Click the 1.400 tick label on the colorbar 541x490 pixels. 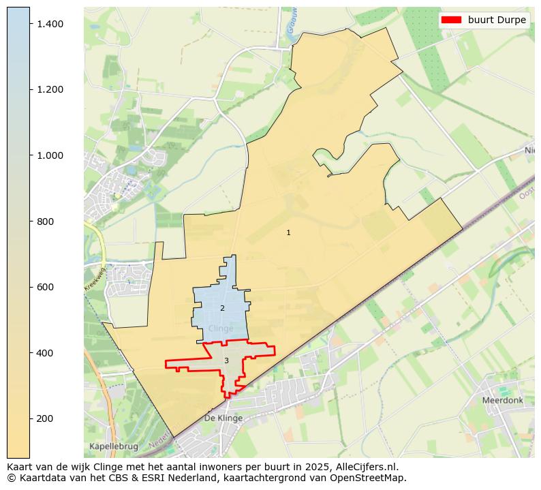point(50,24)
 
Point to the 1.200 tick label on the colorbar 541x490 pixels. point(50,89)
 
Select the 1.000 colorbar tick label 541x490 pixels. point(50,155)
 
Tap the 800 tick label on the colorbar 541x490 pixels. point(46,221)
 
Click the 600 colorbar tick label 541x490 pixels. point(46,287)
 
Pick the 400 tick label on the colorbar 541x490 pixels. point(46,353)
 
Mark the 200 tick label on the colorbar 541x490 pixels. point(46,418)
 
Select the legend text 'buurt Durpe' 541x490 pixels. point(497,20)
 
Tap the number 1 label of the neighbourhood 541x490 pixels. point(288,233)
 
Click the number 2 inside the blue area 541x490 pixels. point(222,309)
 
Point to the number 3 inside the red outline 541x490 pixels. point(226,361)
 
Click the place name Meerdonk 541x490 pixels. point(502,401)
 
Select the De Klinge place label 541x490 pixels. point(223,418)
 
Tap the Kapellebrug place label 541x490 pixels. point(113,446)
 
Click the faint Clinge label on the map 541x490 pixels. point(221,328)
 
